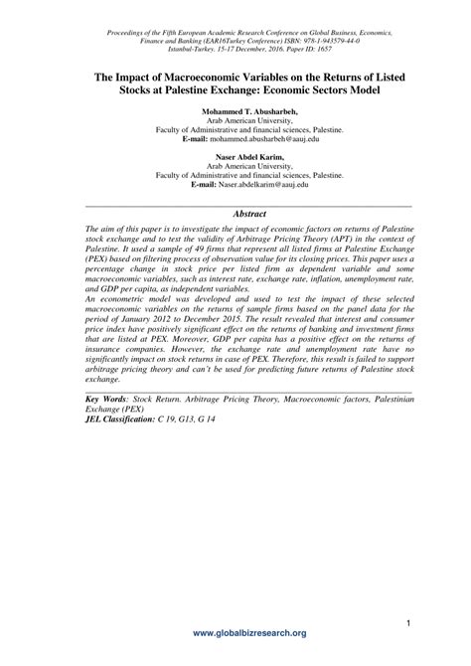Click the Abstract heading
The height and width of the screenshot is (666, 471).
tap(235, 213)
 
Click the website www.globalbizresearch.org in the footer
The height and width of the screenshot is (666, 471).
tap(235, 632)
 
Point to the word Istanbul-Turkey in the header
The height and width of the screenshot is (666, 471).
tap(191, 47)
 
